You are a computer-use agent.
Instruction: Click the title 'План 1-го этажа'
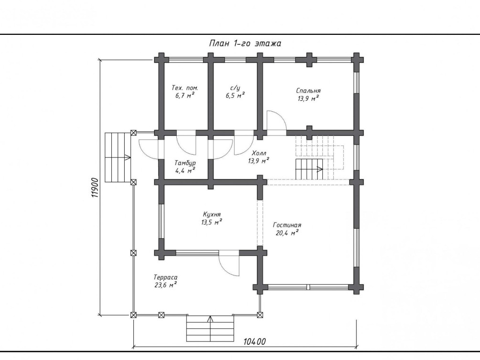(245, 43)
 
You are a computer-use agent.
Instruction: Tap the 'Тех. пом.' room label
(185, 88)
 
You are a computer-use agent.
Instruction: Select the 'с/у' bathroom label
(235, 88)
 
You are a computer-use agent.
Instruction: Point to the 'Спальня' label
(308, 91)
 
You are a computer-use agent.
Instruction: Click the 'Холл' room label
(259, 153)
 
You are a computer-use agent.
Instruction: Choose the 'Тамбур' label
(185, 163)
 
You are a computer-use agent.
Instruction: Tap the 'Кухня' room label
(212, 214)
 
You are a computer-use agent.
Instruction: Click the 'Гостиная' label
(287, 225)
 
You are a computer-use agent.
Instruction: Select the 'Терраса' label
(165, 277)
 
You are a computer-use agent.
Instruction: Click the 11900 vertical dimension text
(95, 187)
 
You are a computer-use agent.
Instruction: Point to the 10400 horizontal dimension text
(255, 341)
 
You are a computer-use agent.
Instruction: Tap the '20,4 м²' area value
(287, 233)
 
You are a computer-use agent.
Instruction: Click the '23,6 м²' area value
(166, 285)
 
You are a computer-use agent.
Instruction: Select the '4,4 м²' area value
(185, 170)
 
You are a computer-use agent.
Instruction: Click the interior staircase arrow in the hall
(309, 169)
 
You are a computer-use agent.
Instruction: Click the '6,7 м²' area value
(185, 95)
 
